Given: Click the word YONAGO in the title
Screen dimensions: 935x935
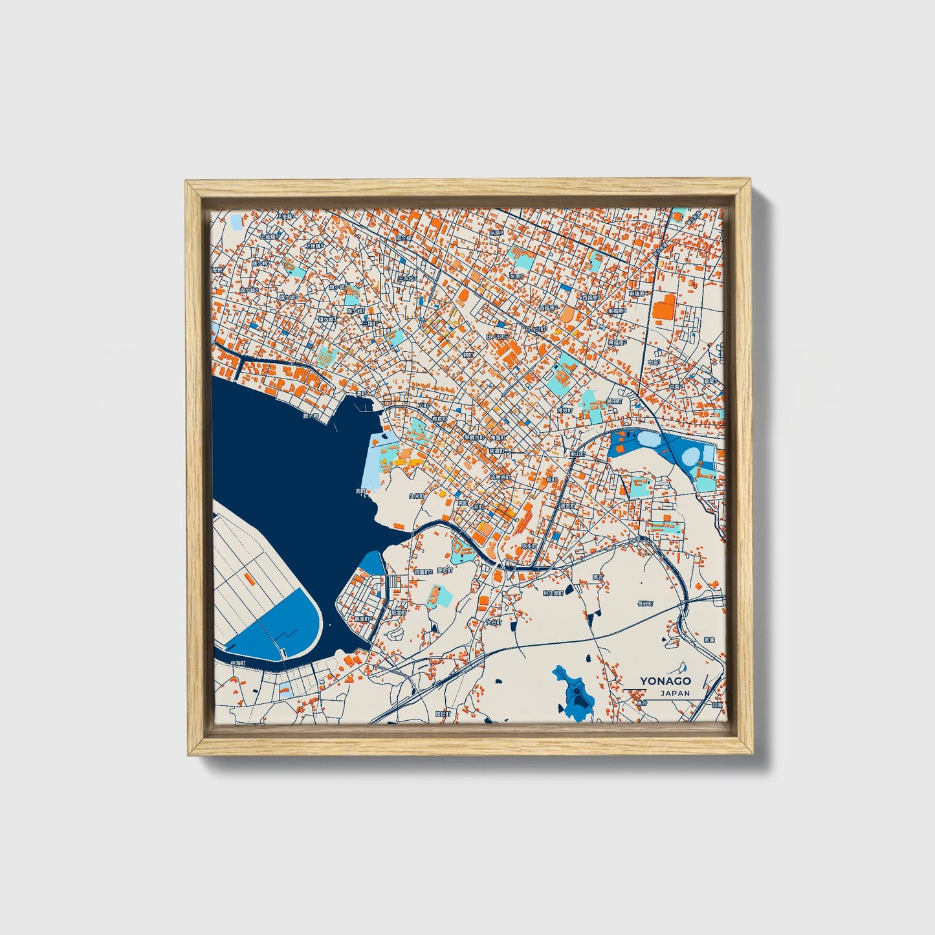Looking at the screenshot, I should coord(665,681).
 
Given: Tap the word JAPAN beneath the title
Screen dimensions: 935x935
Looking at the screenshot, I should coord(675,693).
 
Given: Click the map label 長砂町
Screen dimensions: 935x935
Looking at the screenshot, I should coord(645,603).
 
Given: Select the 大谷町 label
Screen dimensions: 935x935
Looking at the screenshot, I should coord(494,622).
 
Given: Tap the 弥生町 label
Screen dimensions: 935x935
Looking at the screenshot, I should coord(529,547).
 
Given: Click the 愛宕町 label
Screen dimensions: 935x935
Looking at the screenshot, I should coord(445,570).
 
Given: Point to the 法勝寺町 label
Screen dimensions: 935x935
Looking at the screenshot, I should coord(500,477).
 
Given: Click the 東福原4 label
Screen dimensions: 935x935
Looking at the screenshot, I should coord(639,293).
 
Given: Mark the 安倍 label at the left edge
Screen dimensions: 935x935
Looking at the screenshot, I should coord(217,269).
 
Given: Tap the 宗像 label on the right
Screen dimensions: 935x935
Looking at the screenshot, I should coord(709,639).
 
